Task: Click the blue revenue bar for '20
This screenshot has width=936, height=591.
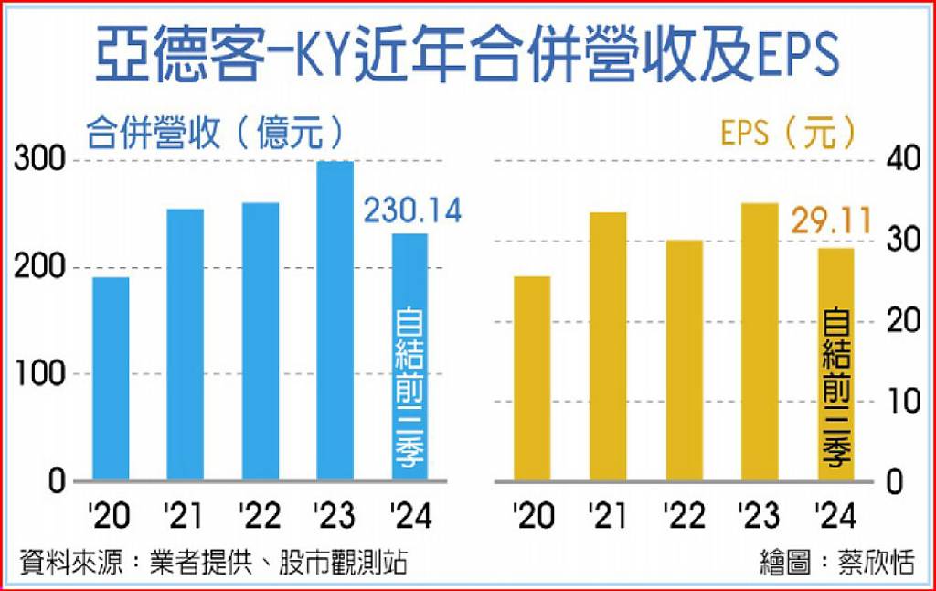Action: (111, 379)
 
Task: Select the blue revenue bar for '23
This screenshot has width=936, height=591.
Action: (335, 320)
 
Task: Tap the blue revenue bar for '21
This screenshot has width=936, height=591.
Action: (186, 345)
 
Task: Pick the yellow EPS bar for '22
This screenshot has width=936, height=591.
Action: (685, 360)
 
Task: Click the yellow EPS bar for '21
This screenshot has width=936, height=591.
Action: (609, 347)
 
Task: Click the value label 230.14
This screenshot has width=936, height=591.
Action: (412, 210)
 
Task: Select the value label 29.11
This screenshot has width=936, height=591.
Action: (830, 220)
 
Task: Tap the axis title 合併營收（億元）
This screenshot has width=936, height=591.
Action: (216, 133)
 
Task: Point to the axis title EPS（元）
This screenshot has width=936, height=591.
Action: (788, 133)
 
